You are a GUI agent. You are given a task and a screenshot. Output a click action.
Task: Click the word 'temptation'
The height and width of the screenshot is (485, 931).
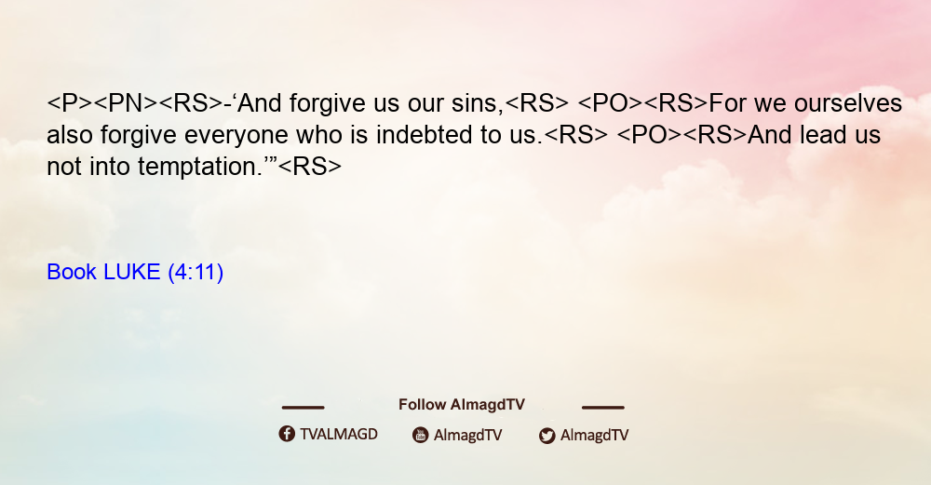tap(199, 167)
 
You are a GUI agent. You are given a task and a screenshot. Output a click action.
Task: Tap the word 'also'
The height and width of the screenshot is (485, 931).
tap(70, 135)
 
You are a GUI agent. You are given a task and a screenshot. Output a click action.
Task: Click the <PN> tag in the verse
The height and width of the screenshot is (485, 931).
tap(126, 103)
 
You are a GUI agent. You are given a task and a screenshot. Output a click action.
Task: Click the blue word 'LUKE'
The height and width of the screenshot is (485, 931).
tap(132, 272)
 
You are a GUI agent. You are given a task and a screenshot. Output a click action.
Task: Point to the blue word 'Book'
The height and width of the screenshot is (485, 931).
tap(72, 272)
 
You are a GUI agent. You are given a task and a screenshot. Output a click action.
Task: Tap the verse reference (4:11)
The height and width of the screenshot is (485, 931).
tap(196, 273)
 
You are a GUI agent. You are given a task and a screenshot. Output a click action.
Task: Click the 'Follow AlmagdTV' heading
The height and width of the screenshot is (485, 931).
tap(462, 405)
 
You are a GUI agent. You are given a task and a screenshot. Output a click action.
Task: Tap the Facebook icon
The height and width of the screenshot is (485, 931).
tap(287, 434)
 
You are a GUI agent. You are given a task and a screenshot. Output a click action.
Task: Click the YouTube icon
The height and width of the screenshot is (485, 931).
tap(421, 435)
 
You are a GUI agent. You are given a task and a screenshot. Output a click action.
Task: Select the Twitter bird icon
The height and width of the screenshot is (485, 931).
tap(546, 436)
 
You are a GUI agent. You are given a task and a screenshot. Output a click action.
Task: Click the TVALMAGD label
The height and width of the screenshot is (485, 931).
tap(339, 434)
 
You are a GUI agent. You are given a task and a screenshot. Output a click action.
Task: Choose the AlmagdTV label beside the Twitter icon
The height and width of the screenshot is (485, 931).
tap(594, 435)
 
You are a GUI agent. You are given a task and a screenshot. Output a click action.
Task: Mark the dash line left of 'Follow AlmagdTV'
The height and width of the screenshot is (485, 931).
tap(303, 408)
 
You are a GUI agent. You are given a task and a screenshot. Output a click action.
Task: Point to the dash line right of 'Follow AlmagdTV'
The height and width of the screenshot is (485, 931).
tap(603, 408)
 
